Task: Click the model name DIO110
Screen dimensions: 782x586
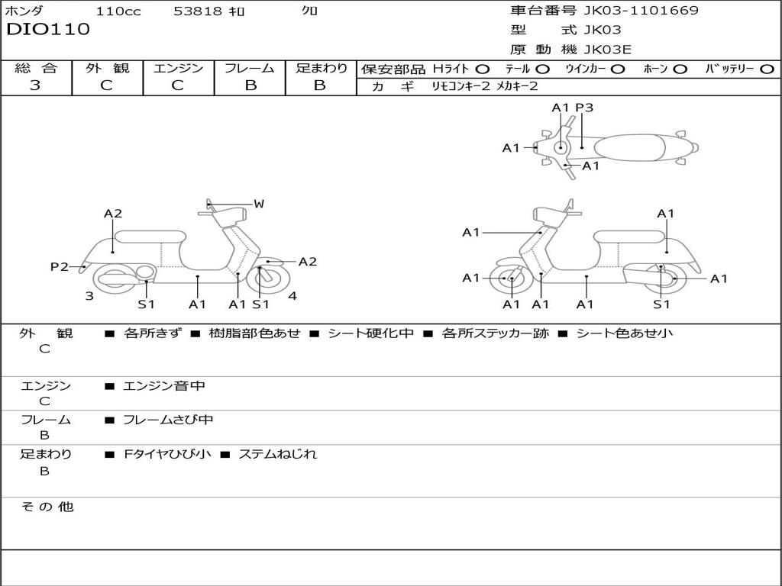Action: [x=48, y=30]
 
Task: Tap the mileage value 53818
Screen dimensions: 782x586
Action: [x=197, y=11]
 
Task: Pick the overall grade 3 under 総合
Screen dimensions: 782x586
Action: [x=35, y=85]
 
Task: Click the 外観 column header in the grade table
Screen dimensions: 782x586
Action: [x=107, y=68]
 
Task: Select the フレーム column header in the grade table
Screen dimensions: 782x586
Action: [x=250, y=68]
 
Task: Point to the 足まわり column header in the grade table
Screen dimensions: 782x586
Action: [x=321, y=68]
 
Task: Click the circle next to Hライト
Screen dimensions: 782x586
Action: [x=483, y=69]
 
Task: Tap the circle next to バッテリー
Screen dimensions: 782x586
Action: [x=767, y=69]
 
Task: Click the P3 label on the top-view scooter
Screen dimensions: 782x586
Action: [x=584, y=108]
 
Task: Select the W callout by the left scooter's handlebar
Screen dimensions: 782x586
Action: [x=259, y=204]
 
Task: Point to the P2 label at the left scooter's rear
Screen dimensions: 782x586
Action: [x=59, y=266]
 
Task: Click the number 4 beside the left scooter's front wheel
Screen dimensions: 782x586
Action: [x=292, y=296]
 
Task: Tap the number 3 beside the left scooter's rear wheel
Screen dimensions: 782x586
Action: [x=89, y=296]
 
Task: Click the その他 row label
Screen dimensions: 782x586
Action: [x=47, y=507]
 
